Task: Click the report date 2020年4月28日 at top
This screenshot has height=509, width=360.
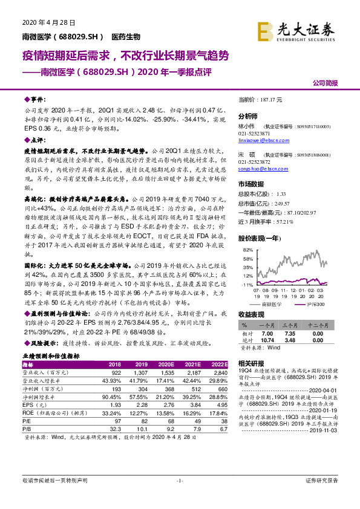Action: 44,22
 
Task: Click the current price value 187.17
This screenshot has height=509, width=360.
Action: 276,99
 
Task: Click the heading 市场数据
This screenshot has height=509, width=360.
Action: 250,184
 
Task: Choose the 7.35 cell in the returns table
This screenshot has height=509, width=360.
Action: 290,334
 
